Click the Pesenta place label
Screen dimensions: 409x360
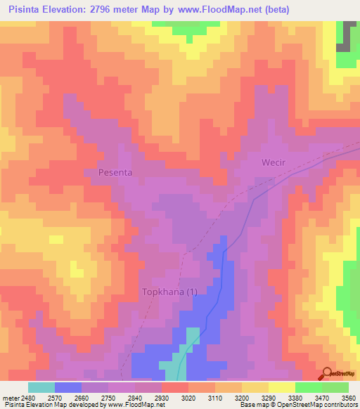pyautogui.click(x=115, y=171)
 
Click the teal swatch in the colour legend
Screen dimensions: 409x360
pyautogui.click(x=41, y=387)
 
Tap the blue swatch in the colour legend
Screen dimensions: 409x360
pyautogui.click(x=68, y=387)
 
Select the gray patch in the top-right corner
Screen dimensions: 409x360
pyautogui.click(x=344, y=38)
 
